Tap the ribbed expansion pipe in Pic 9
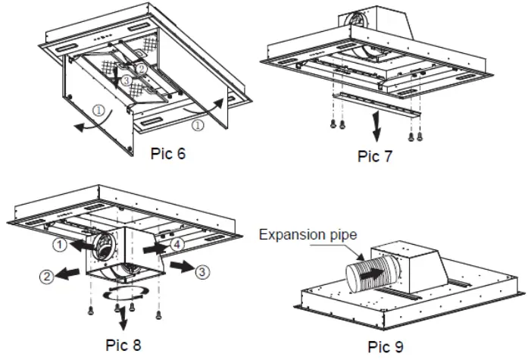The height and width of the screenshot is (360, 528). click(370, 271)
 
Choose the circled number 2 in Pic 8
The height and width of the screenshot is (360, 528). click(47, 278)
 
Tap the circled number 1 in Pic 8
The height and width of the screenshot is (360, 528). click(59, 246)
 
